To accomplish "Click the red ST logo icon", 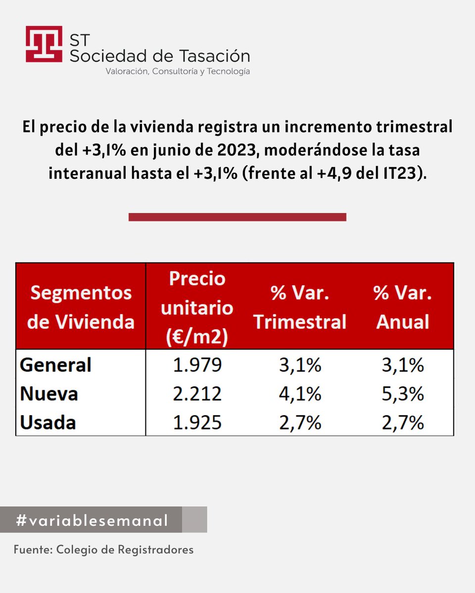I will pyautogui.click(x=44, y=44).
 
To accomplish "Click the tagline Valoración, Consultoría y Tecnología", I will pyautogui.click(x=178, y=72).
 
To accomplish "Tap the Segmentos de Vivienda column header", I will pyautogui.click(x=81, y=307).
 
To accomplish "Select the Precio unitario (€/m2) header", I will pyautogui.click(x=197, y=307).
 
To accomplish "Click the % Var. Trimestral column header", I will pyautogui.click(x=299, y=307).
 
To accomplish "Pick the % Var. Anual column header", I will pyautogui.click(x=402, y=307).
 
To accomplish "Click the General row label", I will pyautogui.click(x=56, y=365).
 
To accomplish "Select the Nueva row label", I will pyautogui.click(x=49, y=394).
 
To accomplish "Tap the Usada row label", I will pyautogui.click(x=48, y=423).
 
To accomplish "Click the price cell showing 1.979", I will pyautogui.click(x=197, y=365).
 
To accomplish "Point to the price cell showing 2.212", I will pyautogui.click(x=197, y=394).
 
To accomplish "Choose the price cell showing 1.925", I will pyautogui.click(x=197, y=423).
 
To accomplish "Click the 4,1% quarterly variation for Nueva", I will pyautogui.click(x=299, y=394).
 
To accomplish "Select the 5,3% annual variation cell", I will pyautogui.click(x=402, y=394).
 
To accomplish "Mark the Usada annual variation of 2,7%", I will pyautogui.click(x=402, y=423).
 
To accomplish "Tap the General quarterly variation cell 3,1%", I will pyautogui.click(x=299, y=365).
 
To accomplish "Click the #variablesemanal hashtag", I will pyautogui.click(x=92, y=520).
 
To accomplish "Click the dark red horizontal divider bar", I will pyautogui.click(x=237, y=217).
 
